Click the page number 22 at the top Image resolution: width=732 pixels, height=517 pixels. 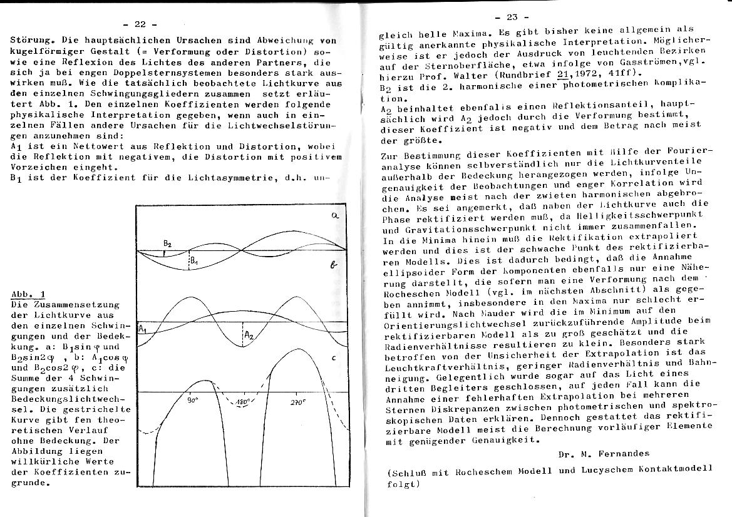[140, 24]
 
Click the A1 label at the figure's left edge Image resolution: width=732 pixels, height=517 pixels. [142, 329]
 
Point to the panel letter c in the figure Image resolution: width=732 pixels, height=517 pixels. [334, 359]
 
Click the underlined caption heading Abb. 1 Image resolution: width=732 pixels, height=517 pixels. [28, 294]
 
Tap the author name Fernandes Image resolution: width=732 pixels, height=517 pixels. [616, 453]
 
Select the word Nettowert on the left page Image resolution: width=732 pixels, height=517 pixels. [87, 146]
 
